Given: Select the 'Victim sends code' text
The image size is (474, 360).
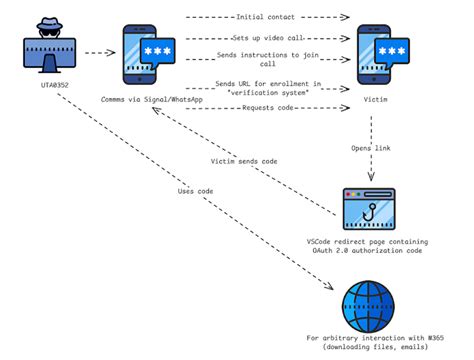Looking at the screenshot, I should coord(244,159).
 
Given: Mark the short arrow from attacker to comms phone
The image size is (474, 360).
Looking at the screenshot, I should coord(97,53).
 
